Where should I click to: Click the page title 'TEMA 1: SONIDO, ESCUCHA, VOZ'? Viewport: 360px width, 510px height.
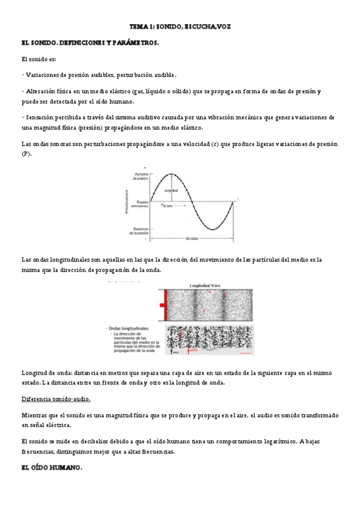click(180, 27)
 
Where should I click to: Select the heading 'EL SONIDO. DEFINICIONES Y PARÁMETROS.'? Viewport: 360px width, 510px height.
click(90, 43)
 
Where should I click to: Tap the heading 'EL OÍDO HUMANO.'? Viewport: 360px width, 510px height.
click(51, 467)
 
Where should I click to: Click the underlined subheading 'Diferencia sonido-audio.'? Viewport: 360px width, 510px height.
click(56, 400)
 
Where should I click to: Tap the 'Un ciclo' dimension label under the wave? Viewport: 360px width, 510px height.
click(193, 239)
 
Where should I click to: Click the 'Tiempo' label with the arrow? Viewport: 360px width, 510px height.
click(166, 206)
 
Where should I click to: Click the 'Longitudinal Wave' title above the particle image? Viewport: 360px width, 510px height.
click(209, 287)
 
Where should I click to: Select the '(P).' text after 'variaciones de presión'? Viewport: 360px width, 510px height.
click(26, 154)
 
